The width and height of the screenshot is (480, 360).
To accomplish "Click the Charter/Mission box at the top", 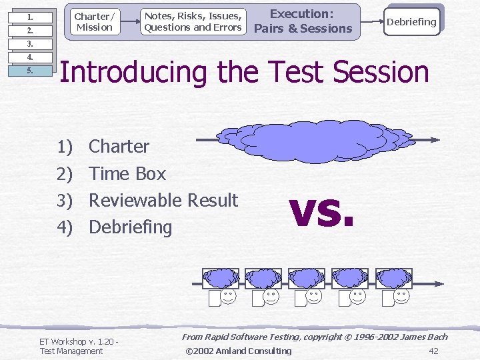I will coord(93,21).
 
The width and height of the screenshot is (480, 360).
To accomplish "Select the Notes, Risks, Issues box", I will coord(193,21).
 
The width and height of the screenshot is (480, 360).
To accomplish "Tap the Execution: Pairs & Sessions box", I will coord(303,21).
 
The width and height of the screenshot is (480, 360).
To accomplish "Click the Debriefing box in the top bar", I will coord(411,21).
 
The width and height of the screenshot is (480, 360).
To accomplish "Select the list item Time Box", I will coord(127,173).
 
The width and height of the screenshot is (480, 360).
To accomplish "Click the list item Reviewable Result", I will coord(163,200).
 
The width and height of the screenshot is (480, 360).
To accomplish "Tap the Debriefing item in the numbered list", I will coord(130,227).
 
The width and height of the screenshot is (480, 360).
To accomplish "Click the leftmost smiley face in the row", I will coord(228,297).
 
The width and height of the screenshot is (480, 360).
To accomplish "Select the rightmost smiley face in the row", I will coord(402,297).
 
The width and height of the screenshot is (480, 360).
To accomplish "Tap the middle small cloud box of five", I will coord(307,277).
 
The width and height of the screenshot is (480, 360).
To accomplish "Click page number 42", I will coord(433,351).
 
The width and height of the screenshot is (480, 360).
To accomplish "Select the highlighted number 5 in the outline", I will coord(30,71).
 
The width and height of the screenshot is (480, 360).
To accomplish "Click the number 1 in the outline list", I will coord(30,17).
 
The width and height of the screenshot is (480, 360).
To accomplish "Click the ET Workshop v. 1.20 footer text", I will coord(78,342).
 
